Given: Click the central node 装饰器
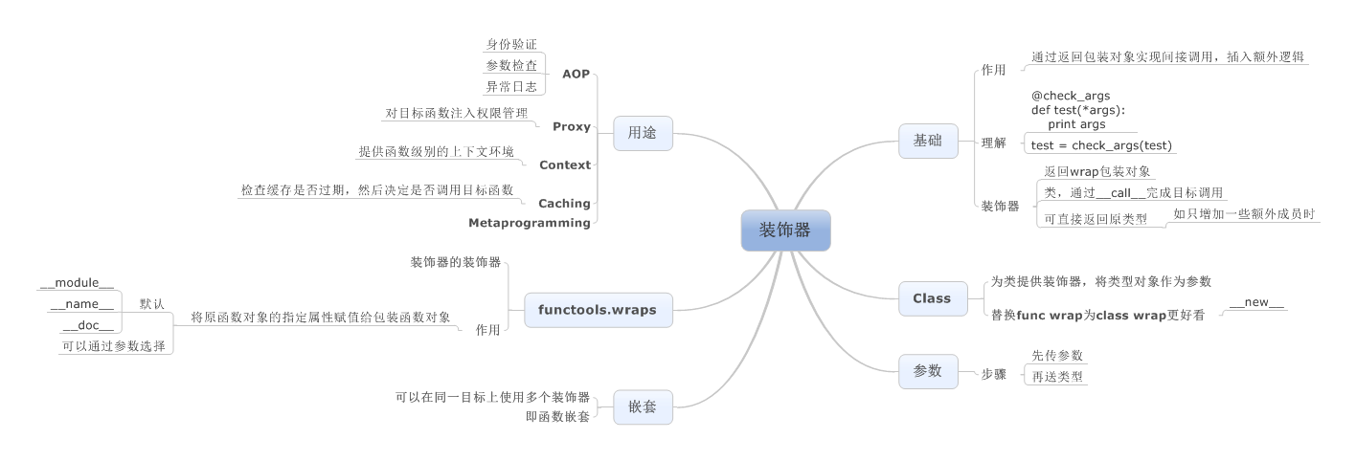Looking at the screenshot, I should coord(785,230).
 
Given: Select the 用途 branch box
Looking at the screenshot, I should coord(643,134).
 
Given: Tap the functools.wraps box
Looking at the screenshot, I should coord(597,310).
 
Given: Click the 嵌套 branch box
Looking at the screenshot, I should coord(643,406).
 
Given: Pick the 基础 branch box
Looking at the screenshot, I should coord(928,141).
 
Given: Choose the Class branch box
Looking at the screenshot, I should coord(932,298).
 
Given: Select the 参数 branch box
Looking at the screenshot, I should coord(928,371).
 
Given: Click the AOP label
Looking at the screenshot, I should coord(576,74).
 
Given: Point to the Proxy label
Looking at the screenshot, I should coord(572,126).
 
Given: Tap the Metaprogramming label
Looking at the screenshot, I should coord(529,223).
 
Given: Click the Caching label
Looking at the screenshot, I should coord(564,203).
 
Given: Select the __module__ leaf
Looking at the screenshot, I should coord(77,283).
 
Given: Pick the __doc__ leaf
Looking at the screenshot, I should coord(87,325).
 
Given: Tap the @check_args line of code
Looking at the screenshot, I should coord(1071,96).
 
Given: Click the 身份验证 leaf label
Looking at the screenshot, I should coord(511,44).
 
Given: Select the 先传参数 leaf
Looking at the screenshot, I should coord(1056,355).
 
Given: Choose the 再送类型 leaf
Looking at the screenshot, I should coord(1056,376).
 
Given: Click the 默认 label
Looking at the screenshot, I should coord(151,304).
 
